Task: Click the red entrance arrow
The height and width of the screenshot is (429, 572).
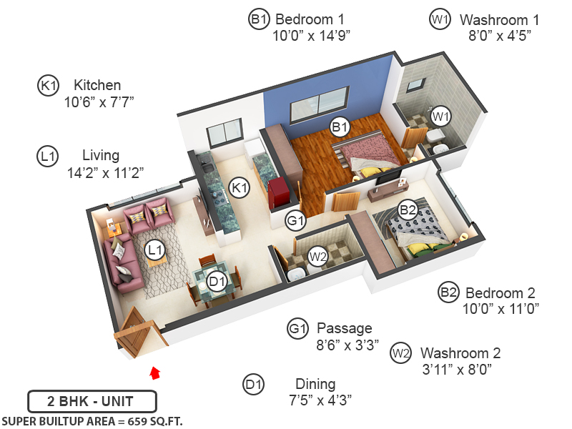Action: coord(154,372)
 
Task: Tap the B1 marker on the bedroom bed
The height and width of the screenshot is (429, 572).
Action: coord(339,127)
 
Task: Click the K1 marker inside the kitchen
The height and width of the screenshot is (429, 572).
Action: coord(239,188)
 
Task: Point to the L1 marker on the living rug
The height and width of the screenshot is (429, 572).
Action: coord(154,250)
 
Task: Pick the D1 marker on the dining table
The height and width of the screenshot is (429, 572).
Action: coord(217,282)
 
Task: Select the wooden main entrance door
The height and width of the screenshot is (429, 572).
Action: coord(136,332)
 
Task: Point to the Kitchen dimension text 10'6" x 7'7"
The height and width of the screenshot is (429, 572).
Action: coord(99,102)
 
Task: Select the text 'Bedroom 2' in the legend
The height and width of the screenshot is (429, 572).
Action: coord(500,292)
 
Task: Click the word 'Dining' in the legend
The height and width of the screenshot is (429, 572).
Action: coord(315,384)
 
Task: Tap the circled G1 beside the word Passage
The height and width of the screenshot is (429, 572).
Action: coord(297,329)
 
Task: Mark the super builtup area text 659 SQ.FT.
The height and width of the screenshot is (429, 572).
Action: coord(92,420)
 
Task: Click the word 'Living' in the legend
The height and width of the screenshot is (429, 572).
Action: coord(101,155)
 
